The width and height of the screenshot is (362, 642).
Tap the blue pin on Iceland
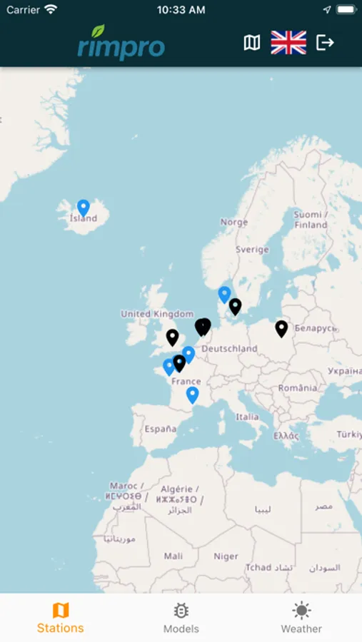pyautogui.click(x=84, y=208)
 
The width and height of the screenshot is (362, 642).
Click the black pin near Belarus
pyautogui.click(x=281, y=328)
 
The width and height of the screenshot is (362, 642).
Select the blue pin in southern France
pyautogui.click(x=192, y=394)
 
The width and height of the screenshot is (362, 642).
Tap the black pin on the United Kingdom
pyautogui.click(x=172, y=337)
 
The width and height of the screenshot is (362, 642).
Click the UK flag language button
pyautogui.click(x=288, y=43)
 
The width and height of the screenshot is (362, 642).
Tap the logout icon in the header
pyautogui.click(x=325, y=43)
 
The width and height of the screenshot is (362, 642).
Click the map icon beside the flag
pyautogui.click(x=252, y=43)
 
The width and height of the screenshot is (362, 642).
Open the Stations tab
pyautogui.click(x=61, y=618)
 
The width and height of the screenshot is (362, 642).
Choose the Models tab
pyautogui.click(x=181, y=618)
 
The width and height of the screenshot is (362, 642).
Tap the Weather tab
pyautogui.click(x=301, y=618)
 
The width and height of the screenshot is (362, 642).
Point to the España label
pyautogui.click(x=160, y=429)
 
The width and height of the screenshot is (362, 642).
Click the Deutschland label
pyautogui.click(x=229, y=349)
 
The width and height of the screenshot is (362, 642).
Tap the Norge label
pyautogui.click(x=233, y=222)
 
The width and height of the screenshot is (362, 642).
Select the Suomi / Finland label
pyautogui.click(x=311, y=219)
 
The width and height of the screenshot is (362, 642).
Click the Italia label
pyautogui.click(x=247, y=417)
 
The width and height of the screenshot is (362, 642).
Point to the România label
pyautogui.click(x=298, y=388)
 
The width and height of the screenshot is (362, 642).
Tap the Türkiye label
pyautogui.click(x=349, y=434)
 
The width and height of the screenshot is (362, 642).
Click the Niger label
pyautogui.click(x=226, y=556)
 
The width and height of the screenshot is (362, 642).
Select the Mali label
pyautogui.click(x=173, y=556)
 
